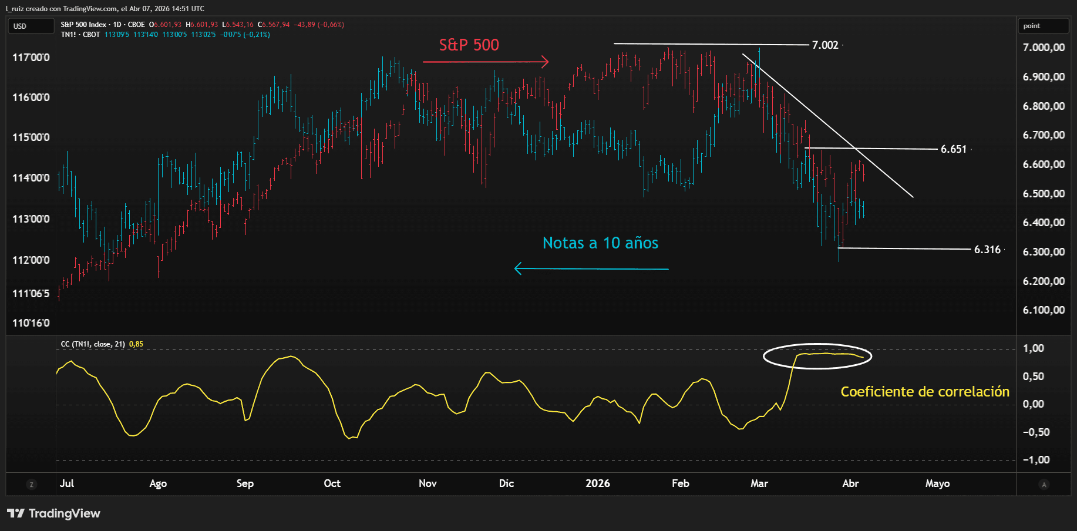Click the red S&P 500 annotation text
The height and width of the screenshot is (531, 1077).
point(469,45)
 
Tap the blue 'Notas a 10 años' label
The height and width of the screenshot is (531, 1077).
point(600,243)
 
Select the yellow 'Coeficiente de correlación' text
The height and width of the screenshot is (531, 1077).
point(924,392)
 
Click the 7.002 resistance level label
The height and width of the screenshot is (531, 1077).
point(824,45)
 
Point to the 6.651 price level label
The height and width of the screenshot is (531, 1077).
point(953,149)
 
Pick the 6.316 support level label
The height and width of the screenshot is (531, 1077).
point(987,250)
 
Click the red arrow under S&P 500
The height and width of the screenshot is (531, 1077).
point(486,62)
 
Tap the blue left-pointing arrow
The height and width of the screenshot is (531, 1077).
point(591,269)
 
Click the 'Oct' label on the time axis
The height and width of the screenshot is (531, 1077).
point(332,483)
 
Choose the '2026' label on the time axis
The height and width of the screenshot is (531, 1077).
point(597,483)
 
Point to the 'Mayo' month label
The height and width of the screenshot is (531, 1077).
point(937,483)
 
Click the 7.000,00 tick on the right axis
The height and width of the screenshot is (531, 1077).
point(1044,48)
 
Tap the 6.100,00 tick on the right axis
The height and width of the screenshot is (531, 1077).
point(1044,310)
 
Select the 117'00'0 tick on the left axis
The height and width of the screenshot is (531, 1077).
point(31,58)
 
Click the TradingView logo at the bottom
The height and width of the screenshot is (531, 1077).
point(54,513)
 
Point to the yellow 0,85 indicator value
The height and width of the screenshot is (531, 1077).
point(136,344)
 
